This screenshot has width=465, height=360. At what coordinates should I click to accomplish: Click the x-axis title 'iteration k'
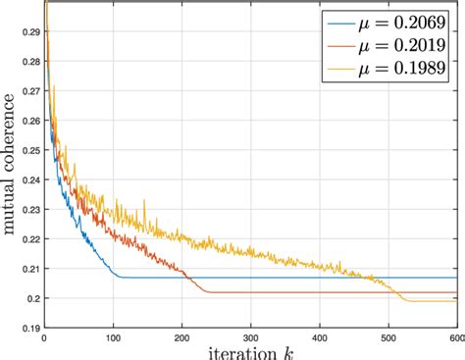tap(251, 350)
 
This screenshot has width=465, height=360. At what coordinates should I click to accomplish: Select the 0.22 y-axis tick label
tap(30, 238)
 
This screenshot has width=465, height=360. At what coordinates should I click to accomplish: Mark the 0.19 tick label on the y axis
tap(30, 328)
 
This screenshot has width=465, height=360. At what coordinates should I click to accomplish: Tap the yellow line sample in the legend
tap(342, 70)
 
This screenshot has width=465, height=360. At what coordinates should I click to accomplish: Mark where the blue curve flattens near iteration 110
tap(121, 277)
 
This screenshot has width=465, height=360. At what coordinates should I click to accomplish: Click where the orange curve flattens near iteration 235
tap(207, 292)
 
